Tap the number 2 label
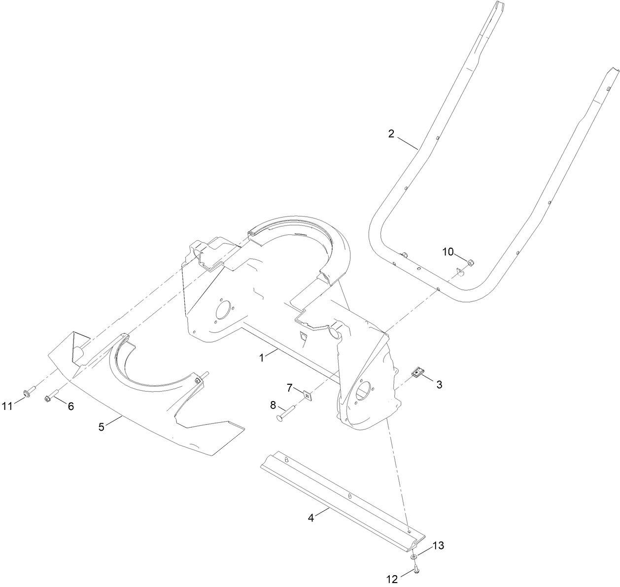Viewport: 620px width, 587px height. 391,134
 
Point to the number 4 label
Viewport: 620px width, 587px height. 311,518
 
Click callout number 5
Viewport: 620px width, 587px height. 102,427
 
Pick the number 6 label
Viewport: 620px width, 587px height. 71,406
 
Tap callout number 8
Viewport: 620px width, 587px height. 273,405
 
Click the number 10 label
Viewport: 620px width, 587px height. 448,252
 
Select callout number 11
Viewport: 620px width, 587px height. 7,406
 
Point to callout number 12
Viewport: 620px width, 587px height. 392,580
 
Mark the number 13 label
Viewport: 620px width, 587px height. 438,546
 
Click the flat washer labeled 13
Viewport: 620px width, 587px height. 413,556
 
